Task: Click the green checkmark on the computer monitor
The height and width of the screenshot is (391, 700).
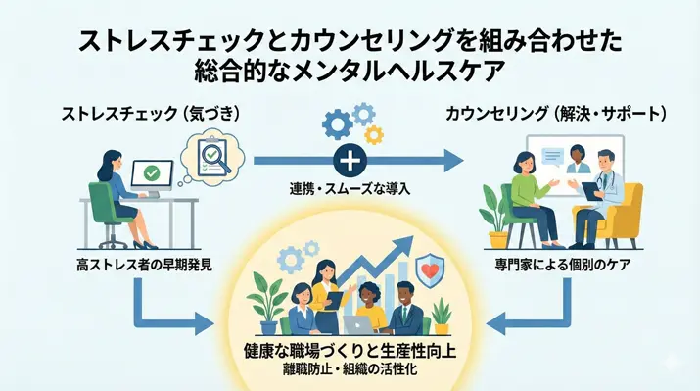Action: click(x=152, y=173)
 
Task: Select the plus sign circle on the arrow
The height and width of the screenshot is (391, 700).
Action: click(x=349, y=159)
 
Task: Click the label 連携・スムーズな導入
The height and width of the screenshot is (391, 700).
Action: click(x=350, y=187)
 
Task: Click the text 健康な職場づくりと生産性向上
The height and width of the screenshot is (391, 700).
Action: click(x=350, y=351)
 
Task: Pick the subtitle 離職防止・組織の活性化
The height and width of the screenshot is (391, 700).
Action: click(x=350, y=370)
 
